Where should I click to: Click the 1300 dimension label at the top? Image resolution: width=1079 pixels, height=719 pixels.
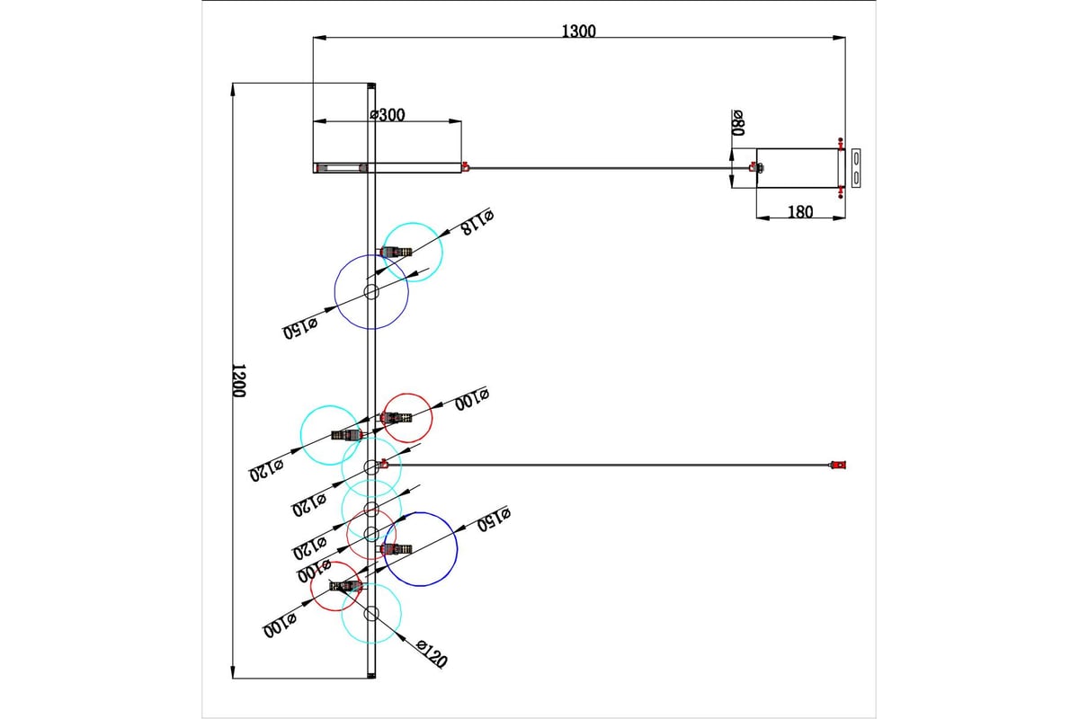pos(578,31)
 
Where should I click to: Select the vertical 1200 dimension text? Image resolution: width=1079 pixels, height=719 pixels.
pos(239,380)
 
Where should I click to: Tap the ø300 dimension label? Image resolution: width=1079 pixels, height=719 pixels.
pos(388,115)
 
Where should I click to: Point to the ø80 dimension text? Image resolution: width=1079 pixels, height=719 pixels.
pos(738,123)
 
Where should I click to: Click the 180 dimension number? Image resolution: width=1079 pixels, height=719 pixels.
pos(800,212)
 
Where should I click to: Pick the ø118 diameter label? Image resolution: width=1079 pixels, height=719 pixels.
pos(477,221)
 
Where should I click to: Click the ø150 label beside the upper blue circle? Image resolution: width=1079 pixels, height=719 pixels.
pos(300,327)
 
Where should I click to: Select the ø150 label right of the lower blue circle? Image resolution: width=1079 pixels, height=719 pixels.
pos(494,519)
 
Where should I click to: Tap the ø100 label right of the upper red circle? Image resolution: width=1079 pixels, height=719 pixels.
pos(472,399)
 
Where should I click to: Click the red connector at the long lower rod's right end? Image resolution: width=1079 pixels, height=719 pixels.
pos(838,465)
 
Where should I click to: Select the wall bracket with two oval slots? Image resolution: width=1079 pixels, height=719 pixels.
pos(856,168)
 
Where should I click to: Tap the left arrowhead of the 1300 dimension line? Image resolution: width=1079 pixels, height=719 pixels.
pos(319,38)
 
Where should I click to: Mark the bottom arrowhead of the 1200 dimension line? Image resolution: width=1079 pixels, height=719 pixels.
pos(233,671)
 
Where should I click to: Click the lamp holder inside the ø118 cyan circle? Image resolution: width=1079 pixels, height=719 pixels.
pos(396,252)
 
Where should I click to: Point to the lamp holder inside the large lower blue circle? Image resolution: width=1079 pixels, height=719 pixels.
pos(396,548)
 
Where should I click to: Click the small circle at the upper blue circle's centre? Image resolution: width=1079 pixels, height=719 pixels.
pos(371,292)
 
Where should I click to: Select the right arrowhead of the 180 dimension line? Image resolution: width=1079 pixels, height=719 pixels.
pos(839,218)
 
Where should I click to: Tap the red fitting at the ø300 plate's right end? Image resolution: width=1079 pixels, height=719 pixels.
pos(465,166)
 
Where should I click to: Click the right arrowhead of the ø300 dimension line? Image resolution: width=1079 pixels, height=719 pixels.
pos(455,121)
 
